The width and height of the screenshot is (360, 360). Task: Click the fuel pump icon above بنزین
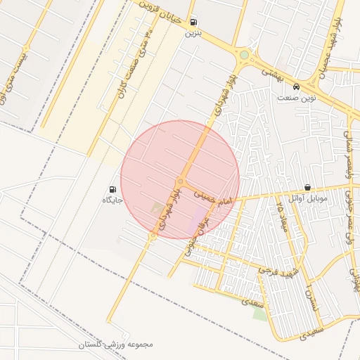tap(193, 22)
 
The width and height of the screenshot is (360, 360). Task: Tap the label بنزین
tap(193, 33)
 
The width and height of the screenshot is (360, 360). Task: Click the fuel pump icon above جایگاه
tap(112, 189)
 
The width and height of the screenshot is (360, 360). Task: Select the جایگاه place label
tap(112, 200)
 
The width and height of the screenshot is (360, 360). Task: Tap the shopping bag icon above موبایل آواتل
tap(308, 188)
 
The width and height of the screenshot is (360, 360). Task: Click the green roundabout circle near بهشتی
tap(244, 55)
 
